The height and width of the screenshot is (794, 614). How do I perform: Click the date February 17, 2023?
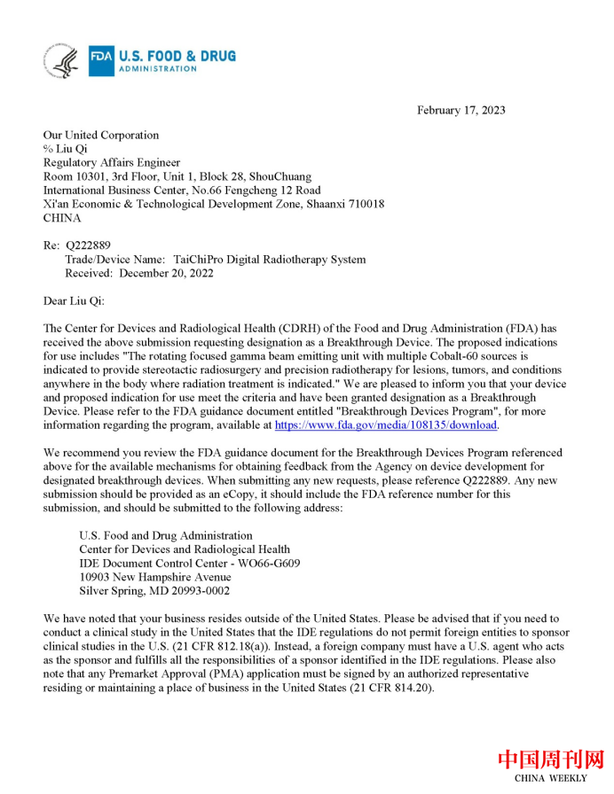tap(460, 110)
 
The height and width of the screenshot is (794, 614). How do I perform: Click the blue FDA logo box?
tap(100, 62)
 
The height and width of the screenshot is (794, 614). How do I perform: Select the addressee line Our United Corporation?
tap(101, 136)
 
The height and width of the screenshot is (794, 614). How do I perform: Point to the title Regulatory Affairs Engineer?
tap(112, 163)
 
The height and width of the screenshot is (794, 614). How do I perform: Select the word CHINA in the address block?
tap(62, 218)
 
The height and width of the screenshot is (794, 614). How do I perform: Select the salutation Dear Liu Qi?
tap(74, 300)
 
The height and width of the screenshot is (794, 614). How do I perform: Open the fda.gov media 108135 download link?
tap(386, 425)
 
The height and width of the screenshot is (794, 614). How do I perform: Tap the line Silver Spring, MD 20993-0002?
tap(154, 591)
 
